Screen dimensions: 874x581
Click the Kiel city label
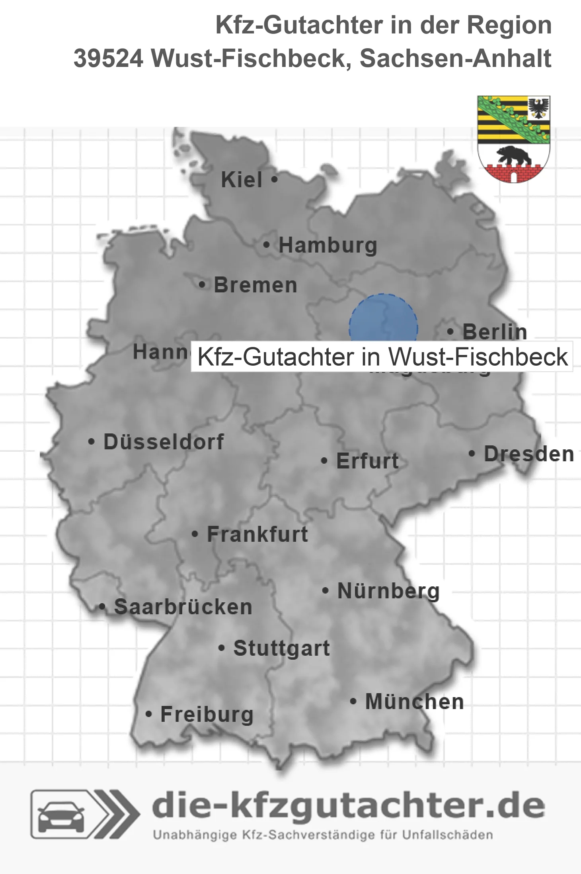click(x=242, y=180)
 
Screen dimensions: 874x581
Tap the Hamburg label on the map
click(x=328, y=245)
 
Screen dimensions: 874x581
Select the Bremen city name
click(x=255, y=285)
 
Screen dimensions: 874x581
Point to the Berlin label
click(x=495, y=331)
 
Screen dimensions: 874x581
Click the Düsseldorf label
click(x=164, y=442)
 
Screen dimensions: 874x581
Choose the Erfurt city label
click(x=367, y=461)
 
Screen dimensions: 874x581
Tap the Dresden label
click(x=529, y=454)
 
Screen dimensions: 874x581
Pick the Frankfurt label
click(x=257, y=534)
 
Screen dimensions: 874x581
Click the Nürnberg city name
click(x=388, y=591)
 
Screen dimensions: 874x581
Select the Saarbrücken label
click(x=183, y=607)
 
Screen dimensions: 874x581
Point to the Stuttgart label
click(x=281, y=648)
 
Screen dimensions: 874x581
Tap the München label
click(x=415, y=702)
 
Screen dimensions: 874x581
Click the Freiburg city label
click(x=207, y=714)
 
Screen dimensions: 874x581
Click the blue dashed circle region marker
click(x=383, y=319)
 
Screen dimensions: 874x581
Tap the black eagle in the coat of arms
click(x=538, y=108)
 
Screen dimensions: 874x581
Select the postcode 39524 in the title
click(x=108, y=59)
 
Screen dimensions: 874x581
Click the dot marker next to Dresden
click(x=472, y=453)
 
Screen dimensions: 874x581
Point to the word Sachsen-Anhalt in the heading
click(x=455, y=59)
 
